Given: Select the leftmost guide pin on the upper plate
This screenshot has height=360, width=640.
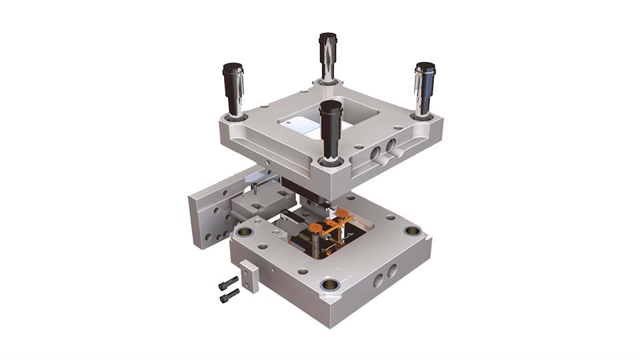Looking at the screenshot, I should coord(233,90).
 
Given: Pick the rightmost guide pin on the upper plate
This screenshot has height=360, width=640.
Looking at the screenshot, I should coord(424,89).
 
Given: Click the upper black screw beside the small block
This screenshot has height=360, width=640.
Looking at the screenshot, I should coord(229,281).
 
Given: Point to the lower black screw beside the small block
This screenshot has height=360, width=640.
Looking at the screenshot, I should coord(229,294).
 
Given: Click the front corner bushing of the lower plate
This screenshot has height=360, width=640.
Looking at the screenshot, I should coord(330,285).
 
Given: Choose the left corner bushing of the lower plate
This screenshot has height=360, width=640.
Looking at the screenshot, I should coord(245,233).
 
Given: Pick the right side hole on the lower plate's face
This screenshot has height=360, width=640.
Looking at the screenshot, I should coord(393,271).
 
